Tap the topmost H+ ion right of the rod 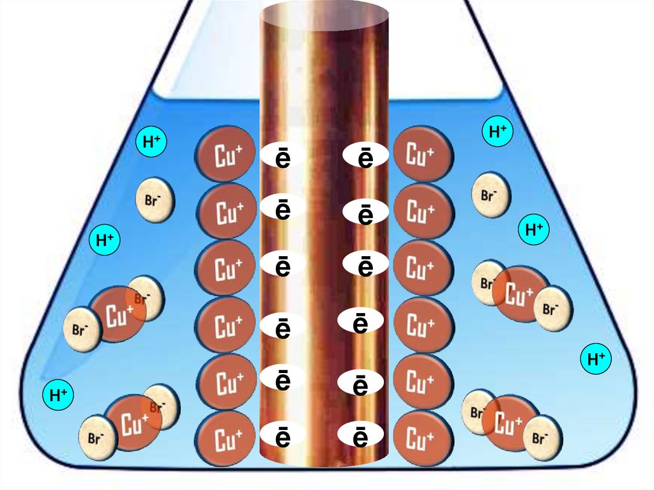point(498,132)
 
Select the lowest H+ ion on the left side point(58,395)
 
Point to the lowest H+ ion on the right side point(596,359)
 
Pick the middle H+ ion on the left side point(104,240)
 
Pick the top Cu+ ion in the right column point(422,154)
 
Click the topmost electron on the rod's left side point(282,157)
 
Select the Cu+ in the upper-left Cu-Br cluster point(118,314)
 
